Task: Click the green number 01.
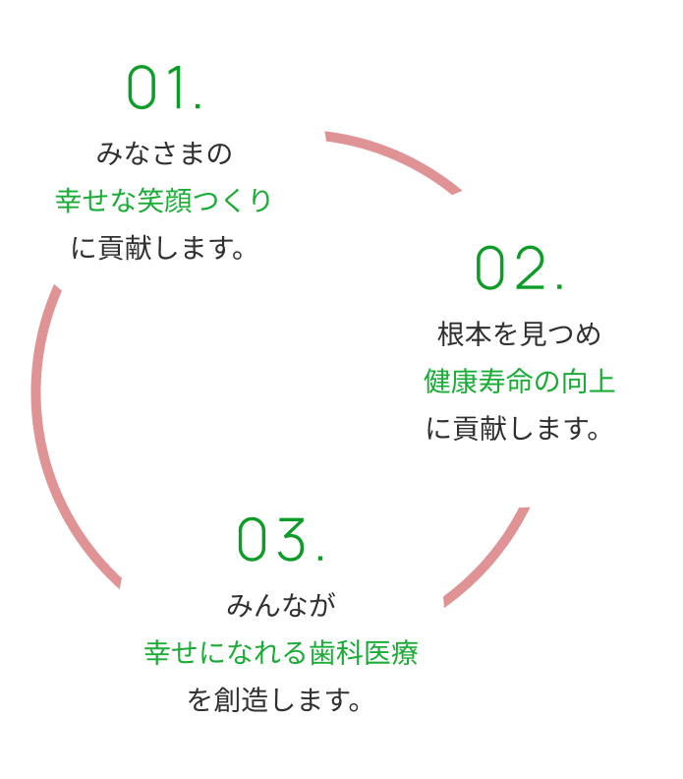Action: pos(164,90)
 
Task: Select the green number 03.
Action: pos(280,541)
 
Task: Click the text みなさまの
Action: pos(164,153)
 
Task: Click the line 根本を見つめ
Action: pos(519,333)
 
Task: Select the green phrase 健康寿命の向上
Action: pos(519,381)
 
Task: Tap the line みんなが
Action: pos(281,604)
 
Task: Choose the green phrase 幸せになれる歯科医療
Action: pos(281,652)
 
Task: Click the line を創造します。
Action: pos(281,701)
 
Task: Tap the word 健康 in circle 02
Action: pos(447,381)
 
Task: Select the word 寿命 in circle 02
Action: pos(495,381)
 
